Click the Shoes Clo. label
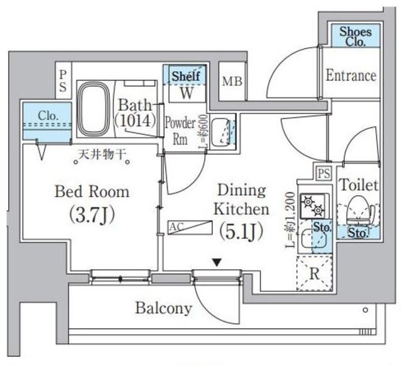pos(355,36)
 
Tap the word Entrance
pos(351,76)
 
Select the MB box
pos(232,82)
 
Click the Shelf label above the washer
pos(186,76)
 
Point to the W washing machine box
pos(187,93)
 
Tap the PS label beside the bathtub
pos(63,81)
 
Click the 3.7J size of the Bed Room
pos(92,216)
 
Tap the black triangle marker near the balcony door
pos(217,261)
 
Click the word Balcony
pos(163,308)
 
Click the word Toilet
pos(358,185)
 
